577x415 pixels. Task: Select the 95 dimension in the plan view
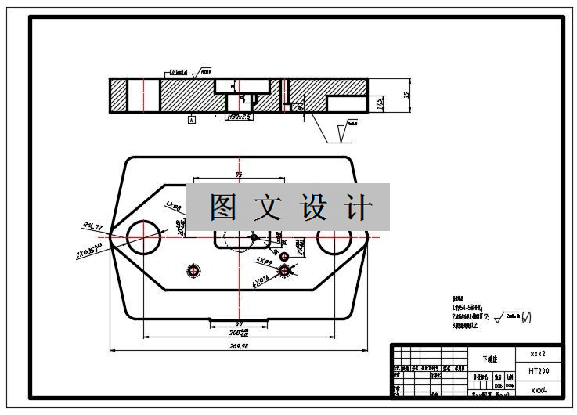pos(238,175)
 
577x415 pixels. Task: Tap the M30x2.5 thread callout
pos(239,117)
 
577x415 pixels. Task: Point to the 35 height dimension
pos(406,95)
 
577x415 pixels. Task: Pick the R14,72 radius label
pos(92,226)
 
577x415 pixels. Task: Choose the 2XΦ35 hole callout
pos(89,251)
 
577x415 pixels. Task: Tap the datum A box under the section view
pos(190,120)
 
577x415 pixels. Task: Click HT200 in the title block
pos(539,371)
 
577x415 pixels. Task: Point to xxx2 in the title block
pos(539,353)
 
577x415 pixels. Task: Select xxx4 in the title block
pos(539,389)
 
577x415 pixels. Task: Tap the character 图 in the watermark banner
pos(224,207)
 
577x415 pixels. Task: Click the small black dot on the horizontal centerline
pos(253,236)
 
